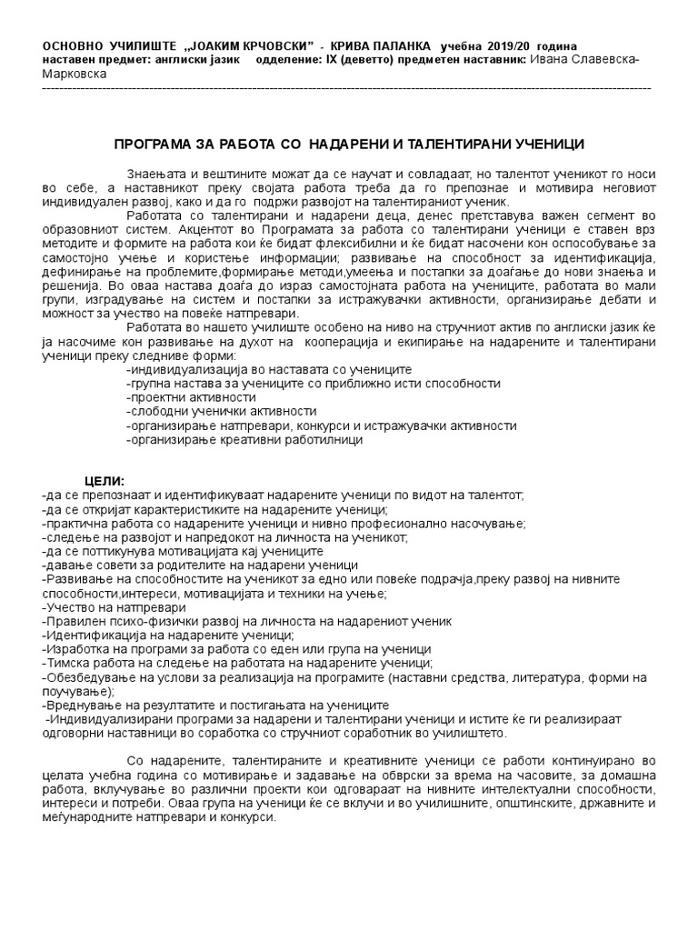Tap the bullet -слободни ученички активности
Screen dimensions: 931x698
tap(208, 411)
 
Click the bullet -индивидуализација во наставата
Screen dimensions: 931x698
tap(269, 370)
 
